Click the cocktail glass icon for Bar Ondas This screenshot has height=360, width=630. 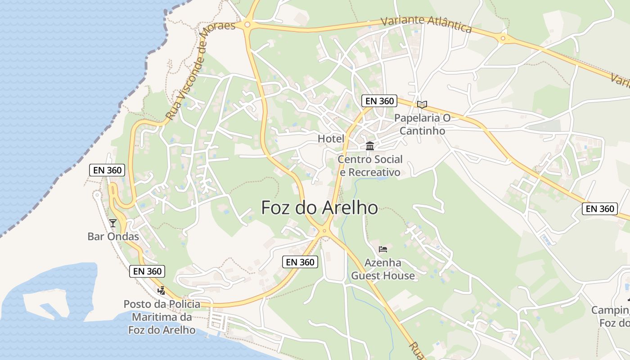click(112, 223)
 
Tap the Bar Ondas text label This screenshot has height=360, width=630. click(113, 236)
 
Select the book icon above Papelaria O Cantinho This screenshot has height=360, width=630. click(422, 105)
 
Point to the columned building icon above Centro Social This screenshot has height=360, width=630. click(370, 146)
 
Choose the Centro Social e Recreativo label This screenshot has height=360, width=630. click(370, 166)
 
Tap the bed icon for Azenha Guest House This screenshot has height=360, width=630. click(383, 249)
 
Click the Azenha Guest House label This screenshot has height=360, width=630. click(383, 269)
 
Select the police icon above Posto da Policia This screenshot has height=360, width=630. click(161, 291)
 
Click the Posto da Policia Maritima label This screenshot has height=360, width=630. click(162, 317)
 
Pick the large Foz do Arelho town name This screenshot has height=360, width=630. click(319, 207)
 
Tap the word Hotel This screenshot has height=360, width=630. click(331, 139)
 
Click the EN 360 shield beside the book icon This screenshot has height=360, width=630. click(379, 101)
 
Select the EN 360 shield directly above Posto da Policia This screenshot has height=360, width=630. click(147, 271)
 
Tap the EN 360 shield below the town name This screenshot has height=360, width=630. click(300, 262)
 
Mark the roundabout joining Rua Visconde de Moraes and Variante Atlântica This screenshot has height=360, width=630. click(247, 25)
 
